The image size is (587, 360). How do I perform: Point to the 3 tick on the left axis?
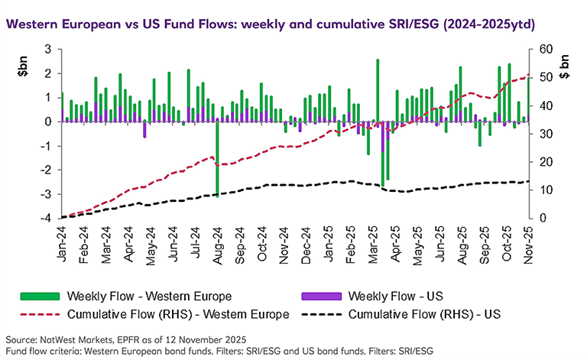click(48, 49)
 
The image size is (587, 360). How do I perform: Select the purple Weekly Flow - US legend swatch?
click(316, 296)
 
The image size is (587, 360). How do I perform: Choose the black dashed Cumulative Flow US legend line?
click(316, 313)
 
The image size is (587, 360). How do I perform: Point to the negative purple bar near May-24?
click(144, 129)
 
